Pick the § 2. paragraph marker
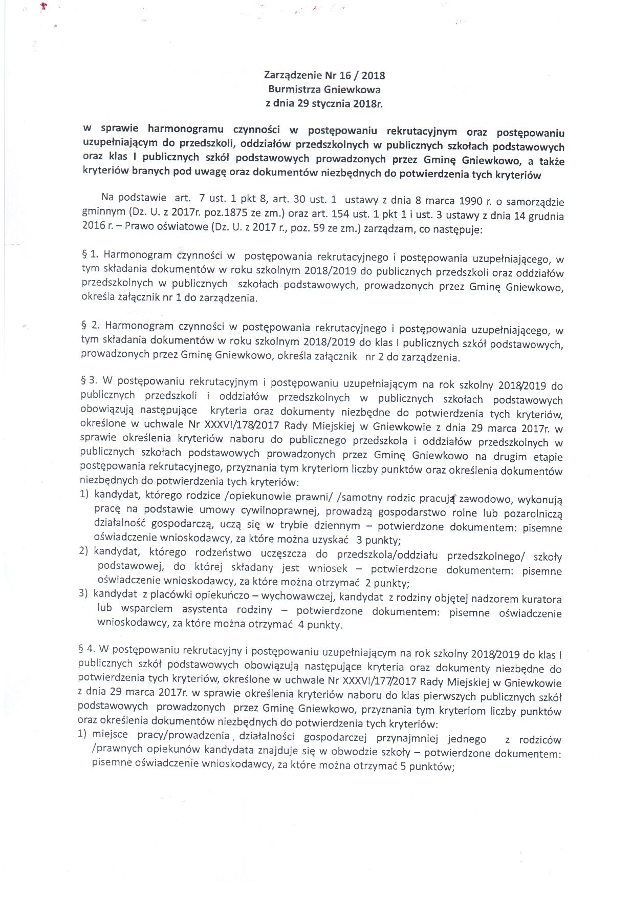pyautogui.click(x=89, y=326)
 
